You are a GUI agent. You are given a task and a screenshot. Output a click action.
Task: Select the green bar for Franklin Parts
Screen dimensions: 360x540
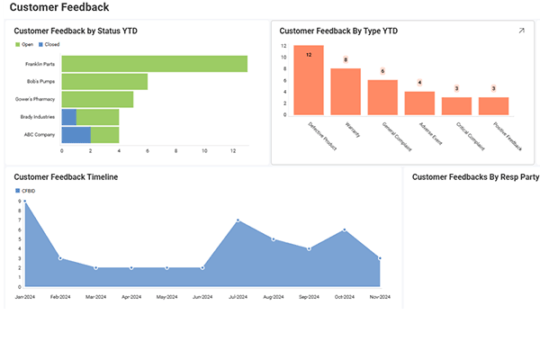(154, 64)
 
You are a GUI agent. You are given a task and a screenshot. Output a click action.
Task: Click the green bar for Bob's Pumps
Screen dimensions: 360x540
(104, 82)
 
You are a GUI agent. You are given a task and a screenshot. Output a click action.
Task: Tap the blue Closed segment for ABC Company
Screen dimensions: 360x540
(76, 135)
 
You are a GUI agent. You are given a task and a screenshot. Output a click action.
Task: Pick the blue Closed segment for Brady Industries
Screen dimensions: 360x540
(69, 117)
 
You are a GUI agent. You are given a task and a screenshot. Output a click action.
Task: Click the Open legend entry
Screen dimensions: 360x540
(24, 43)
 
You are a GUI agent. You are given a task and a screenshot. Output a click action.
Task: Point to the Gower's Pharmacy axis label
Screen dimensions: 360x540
(35, 99)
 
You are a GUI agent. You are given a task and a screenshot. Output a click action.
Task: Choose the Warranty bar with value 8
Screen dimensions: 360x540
(346, 93)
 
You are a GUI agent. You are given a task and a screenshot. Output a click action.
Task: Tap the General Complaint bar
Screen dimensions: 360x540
(382, 98)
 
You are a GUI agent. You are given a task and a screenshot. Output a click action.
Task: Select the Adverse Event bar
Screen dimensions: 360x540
(419, 103)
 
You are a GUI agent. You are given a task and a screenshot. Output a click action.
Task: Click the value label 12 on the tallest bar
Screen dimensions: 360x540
(309, 55)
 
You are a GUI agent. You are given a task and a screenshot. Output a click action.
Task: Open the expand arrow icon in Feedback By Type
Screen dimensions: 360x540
(521, 31)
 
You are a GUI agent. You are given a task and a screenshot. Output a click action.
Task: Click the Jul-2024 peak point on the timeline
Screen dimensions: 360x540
(238, 220)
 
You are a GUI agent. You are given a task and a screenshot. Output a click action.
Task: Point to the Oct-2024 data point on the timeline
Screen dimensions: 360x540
(345, 230)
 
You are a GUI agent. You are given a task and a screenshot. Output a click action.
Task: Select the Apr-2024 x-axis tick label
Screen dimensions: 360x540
(130, 296)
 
